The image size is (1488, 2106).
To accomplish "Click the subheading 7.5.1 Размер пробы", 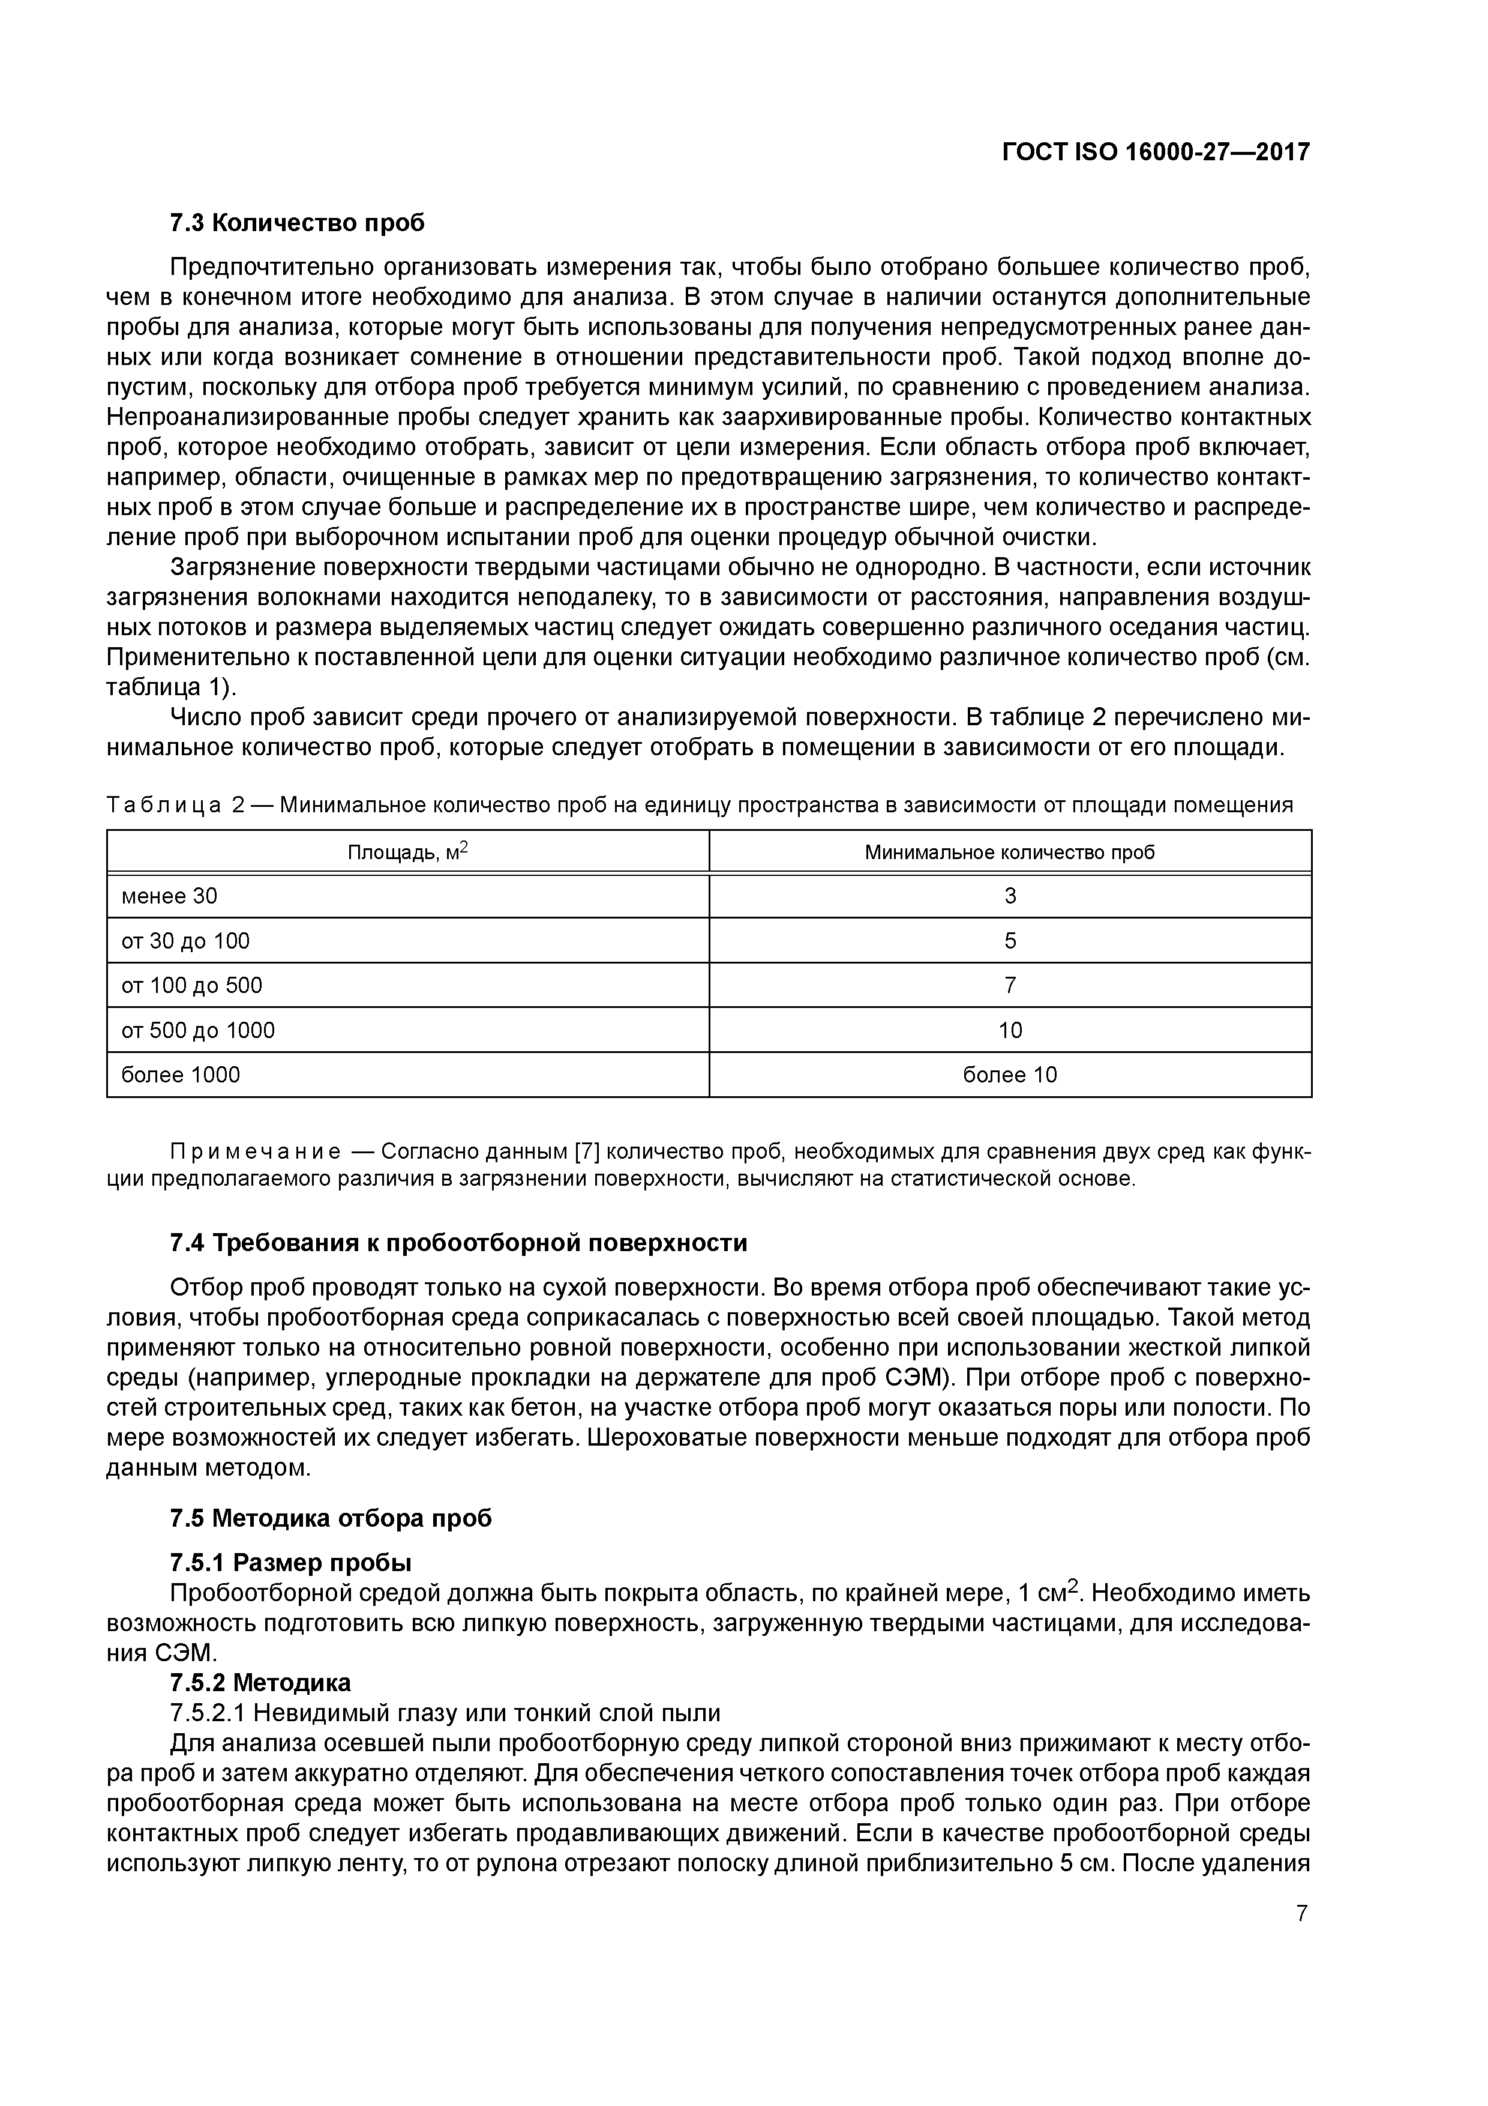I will click(290, 1562).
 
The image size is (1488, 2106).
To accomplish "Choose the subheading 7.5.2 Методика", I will click(260, 1682).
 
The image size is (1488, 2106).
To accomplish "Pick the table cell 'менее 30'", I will click(170, 896).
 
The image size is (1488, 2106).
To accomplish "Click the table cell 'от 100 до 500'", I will click(191, 985).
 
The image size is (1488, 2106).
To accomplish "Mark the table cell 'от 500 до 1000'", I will click(198, 1030).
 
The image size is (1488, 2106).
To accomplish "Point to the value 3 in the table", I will click(1010, 896).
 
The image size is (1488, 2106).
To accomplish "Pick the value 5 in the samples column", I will click(1010, 941).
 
